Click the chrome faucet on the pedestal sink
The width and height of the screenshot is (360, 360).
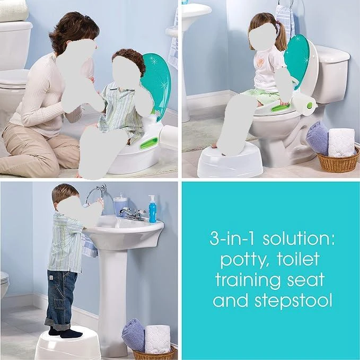(x=132, y=214)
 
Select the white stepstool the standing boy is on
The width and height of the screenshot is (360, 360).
(x=68, y=344)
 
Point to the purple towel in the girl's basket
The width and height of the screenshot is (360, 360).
(x=317, y=138)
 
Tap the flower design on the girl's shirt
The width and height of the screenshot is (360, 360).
(x=261, y=68)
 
